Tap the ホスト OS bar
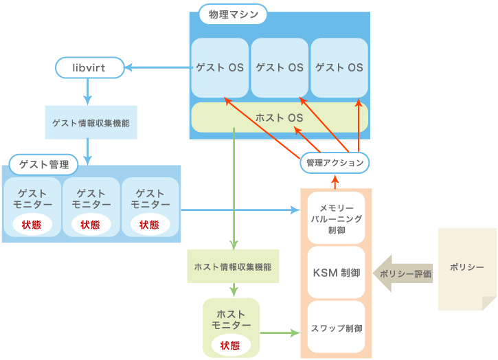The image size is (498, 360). coord(279,117)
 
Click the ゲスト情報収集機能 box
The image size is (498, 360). coord(91,124)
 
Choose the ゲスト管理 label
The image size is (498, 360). coord(44,165)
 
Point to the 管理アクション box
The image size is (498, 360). coord(335,163)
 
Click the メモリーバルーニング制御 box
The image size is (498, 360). coord(336,218)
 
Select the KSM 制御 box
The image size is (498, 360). coord(336,273)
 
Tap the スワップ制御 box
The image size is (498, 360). coord(336,328)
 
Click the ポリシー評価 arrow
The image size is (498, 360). coord(403,273)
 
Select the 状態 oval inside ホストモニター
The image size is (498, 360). coord(231,345)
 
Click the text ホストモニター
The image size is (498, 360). coord(231,319)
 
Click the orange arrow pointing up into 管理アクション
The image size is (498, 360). coord(335,181)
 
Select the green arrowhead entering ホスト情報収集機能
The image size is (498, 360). coord(234,245)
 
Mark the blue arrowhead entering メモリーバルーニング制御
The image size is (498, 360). coord(296,208)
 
